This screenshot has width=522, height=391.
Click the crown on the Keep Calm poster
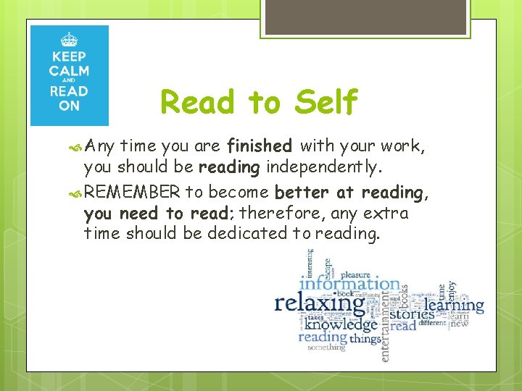pyautogui.click(x=69, y=39)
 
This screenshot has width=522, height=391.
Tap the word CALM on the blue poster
pyautogui.click(x=69, y=71)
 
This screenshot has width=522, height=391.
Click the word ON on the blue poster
pyautogui.click(x=69, y=106)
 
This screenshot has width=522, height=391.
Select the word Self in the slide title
pyautogui.click(x=326, y=102)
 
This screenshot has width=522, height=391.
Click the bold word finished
pyautogui.click(x=260, y=147)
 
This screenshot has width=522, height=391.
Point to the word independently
pyautogui.click(x=322, y=167)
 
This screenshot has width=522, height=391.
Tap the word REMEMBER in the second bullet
pyautogui.click(x=132, y=193)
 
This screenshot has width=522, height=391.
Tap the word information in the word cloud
pyautogui.click(x=349, y=283)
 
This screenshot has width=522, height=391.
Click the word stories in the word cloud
pyautogui.click(x=413, y=314)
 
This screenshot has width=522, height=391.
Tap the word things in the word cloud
pyautogui.click(x=365, y=337)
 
